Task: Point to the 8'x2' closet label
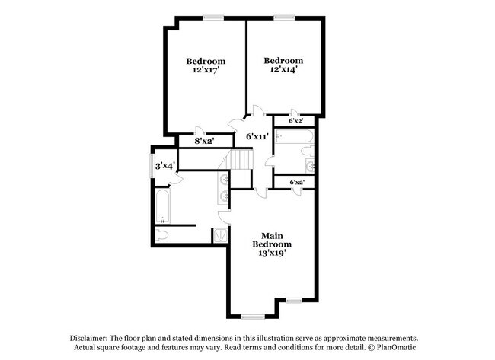point(203,141)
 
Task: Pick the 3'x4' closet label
point(165,165)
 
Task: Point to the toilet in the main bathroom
point(163,234)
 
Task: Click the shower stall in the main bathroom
point(220,234)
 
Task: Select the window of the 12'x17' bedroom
point(213,18)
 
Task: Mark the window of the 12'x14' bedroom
point(285,18)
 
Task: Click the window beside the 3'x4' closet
point(152,166)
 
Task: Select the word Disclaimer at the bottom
point(88,338)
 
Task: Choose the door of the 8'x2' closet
point(200,130)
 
